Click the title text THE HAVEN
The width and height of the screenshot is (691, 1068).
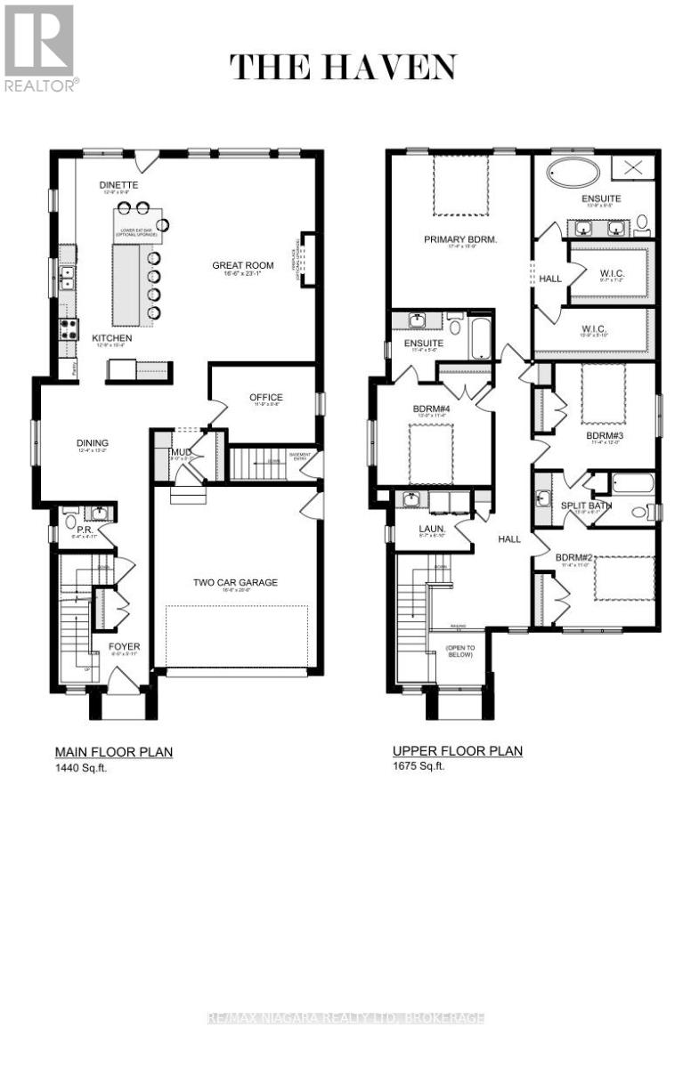point(343,68)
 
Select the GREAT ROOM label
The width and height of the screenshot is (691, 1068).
point(242,265)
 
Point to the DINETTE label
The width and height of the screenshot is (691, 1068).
point(119,184)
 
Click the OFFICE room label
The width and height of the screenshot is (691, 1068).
point(265,398)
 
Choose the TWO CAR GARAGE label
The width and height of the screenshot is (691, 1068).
point(236,583)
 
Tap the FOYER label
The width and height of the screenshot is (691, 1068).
point(124,646)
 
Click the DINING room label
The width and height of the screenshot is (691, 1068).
point(92,442)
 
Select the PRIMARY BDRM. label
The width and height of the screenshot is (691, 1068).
point(460,239)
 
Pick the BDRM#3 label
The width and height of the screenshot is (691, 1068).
point(604,436)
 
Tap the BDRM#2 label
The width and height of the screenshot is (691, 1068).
point(573,558)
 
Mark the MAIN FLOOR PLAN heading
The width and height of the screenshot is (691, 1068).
point(114,752)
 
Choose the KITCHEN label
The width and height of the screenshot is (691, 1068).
point(112,338)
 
